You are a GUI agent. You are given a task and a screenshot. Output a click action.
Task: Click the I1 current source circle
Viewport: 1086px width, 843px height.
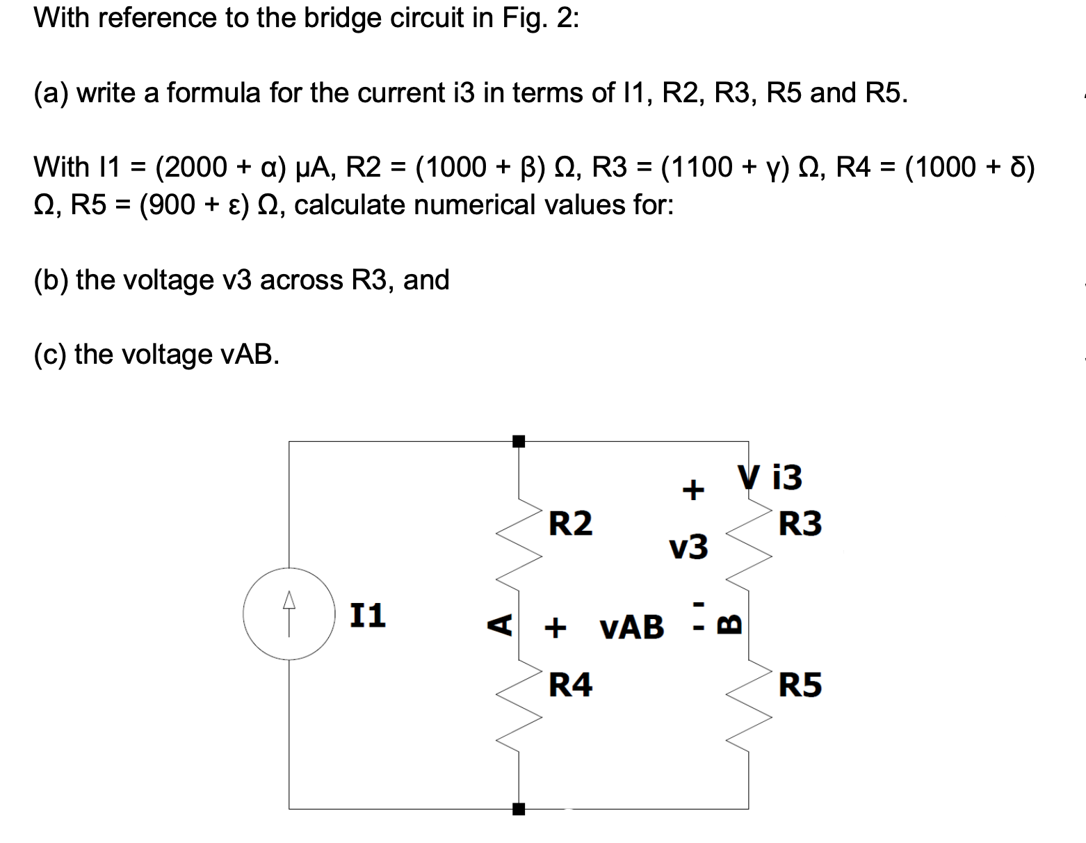289,614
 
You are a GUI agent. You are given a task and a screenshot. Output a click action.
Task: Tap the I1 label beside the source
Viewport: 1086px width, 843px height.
367,616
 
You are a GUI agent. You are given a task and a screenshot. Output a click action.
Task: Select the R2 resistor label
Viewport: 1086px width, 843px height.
570,523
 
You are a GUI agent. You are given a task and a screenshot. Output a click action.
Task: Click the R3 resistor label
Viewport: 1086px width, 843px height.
800,524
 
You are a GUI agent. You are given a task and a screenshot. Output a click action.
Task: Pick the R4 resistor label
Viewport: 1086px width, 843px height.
570,685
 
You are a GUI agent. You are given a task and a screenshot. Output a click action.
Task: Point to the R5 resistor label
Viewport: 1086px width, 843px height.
800,685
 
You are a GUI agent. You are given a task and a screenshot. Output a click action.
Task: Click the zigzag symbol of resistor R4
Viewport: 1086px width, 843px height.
519,709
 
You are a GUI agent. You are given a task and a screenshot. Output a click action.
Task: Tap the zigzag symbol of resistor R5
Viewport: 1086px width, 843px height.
749,709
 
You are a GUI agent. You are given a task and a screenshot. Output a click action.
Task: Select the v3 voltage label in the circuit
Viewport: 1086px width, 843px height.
688,547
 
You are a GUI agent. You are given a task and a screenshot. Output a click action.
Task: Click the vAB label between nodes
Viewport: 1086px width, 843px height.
631,627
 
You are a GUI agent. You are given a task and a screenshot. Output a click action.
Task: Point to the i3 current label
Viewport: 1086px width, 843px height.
787,477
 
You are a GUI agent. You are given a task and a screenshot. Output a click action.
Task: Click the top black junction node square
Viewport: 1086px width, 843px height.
519,441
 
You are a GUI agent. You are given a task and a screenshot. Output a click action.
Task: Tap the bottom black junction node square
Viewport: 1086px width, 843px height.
519,809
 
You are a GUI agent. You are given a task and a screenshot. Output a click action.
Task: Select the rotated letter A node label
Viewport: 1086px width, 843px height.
499,624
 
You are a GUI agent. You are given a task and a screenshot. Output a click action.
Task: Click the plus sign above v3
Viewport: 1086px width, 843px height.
692,490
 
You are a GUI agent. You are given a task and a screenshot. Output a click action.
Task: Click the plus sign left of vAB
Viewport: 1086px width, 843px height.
555,627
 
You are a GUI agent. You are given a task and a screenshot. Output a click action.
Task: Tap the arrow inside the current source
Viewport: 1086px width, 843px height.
289,607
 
